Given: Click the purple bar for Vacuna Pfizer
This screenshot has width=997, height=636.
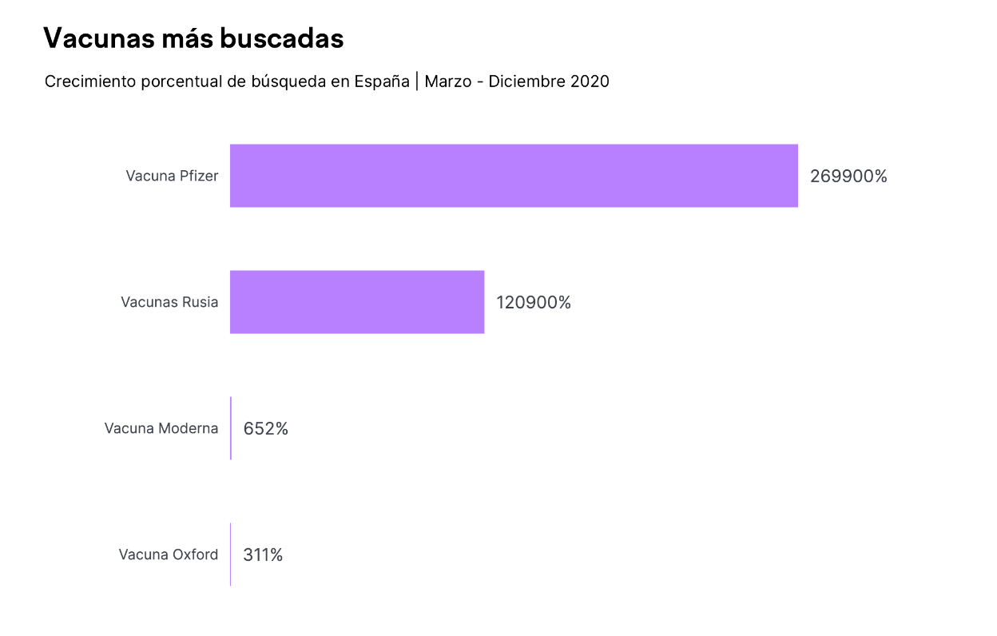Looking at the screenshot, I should click(514, 176).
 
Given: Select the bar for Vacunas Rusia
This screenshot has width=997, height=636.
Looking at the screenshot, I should click(357, 302).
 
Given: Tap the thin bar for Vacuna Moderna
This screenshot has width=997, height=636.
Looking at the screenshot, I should click(231, 428).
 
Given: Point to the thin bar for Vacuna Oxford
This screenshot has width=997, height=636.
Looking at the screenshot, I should click(231, 555).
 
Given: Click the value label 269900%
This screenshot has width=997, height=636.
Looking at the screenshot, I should click(848, 177).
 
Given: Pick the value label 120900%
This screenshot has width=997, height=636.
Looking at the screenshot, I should click(534, 303).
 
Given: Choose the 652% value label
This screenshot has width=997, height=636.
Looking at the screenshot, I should click(265, 429).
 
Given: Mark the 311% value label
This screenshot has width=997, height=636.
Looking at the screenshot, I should click(263, 555).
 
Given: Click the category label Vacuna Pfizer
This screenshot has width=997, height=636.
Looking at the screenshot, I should click(172, 176).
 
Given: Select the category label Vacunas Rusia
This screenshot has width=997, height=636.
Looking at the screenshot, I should click(169, 302).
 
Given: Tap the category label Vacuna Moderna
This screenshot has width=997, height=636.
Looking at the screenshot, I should click(161, 428).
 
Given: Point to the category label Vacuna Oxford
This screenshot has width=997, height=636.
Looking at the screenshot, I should click(169, 555).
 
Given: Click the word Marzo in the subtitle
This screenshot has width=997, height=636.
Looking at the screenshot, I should click(447, 81).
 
